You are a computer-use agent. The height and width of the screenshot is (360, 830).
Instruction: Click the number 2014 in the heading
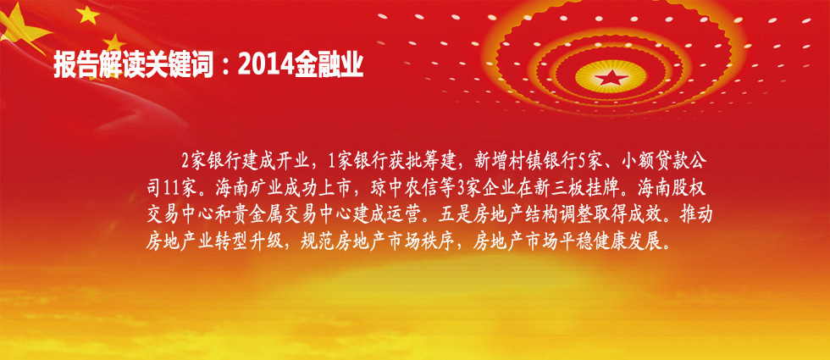click(x=266, y=66)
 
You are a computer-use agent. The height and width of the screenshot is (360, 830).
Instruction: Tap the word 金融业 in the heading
click(x=329, y=66)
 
